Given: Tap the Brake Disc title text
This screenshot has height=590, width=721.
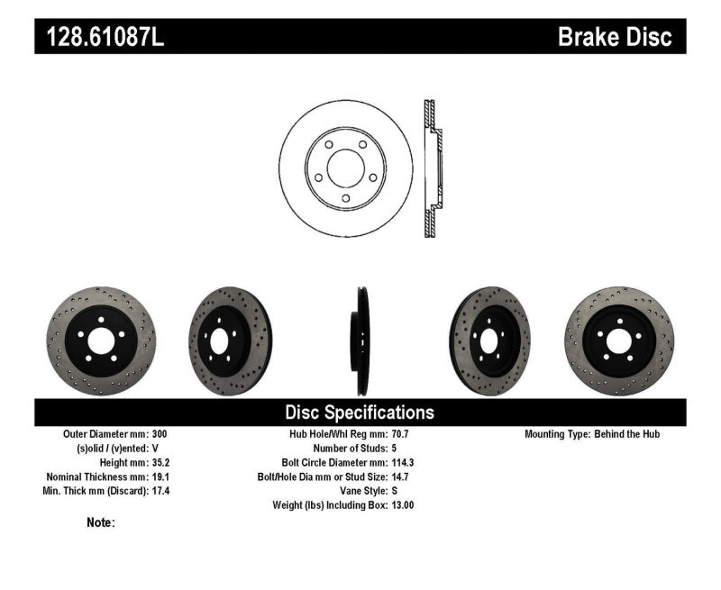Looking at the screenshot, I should point(615,37).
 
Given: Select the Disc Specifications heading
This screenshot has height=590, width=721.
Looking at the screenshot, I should point(360,413).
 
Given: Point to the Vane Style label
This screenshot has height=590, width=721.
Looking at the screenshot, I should point(361,491).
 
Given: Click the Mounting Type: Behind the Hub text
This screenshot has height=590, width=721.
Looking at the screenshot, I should point(592,434).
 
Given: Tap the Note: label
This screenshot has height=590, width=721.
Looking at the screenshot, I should point(101,522).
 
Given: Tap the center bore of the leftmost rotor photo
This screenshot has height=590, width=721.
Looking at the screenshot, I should point(99,340).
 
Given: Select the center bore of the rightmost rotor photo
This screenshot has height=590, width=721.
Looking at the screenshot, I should point(620,340).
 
